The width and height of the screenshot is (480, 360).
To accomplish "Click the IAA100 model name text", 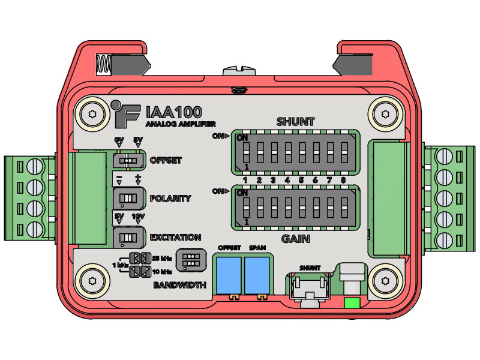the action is coord(174,112).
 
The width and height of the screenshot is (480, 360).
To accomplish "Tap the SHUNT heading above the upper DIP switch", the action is coord(295,122).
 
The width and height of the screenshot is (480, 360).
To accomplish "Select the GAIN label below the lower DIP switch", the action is coord(295,239).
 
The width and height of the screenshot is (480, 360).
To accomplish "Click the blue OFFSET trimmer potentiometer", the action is coord(229,275).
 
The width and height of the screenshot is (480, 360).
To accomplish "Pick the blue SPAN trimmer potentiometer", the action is coord(257,275).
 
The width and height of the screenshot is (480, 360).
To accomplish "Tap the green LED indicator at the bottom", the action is coord(352,303).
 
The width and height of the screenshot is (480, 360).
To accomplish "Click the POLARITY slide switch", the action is coord(128,199).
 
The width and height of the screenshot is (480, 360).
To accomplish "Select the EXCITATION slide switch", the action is coord(128,237).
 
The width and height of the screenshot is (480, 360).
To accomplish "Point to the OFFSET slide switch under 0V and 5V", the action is coord(128,160).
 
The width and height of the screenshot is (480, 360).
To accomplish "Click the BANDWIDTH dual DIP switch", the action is coord(191,260).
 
